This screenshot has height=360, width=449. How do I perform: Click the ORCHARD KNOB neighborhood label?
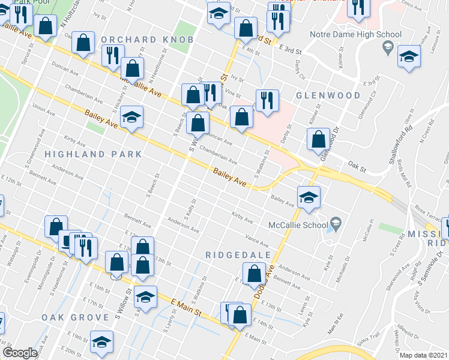click(147, 40)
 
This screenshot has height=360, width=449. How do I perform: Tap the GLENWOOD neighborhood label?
click(328, 95)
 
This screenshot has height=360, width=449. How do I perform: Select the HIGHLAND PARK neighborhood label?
click(93, 154)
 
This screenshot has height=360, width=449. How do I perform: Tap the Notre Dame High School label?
click(355, 34)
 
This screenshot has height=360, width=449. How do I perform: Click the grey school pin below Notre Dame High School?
click(388, 47)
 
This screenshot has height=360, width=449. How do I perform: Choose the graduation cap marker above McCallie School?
click(308, 197)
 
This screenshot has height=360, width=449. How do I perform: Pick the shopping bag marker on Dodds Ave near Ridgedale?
click(255, 274)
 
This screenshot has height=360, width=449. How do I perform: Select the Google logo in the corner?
click(20, 353)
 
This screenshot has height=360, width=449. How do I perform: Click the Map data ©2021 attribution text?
click(423, 355)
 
